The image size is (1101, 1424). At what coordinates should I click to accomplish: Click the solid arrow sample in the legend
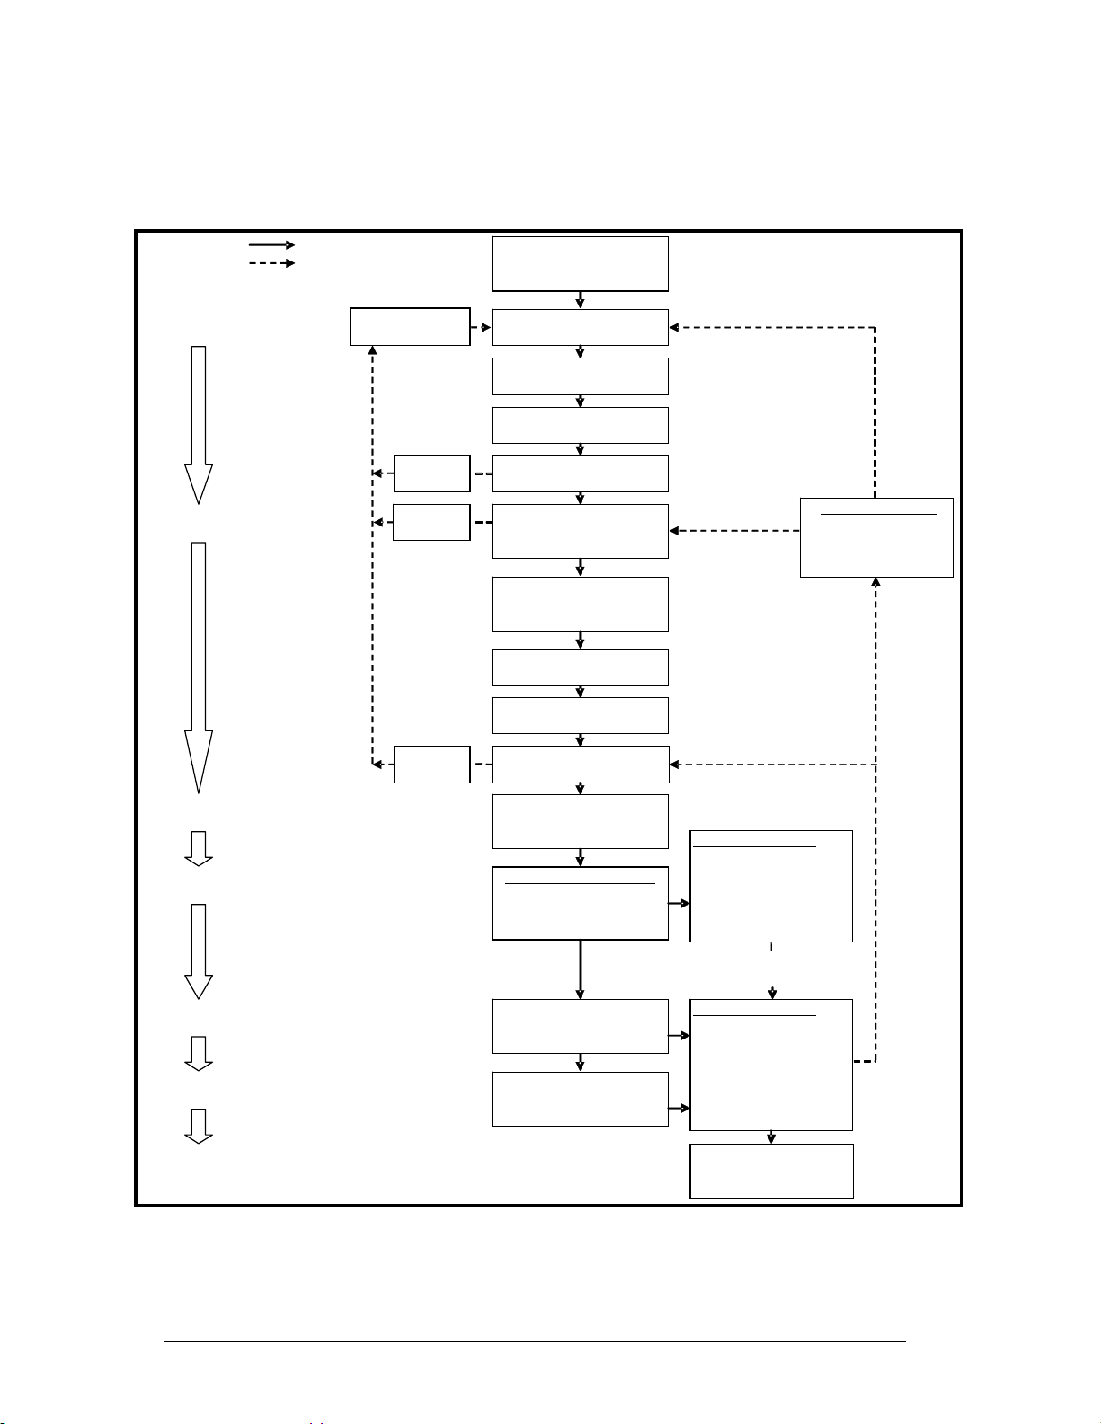pyautogui.click(x=271, y=244)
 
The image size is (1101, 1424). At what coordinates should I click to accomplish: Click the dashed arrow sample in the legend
pyautogui.click(x=271, y=263)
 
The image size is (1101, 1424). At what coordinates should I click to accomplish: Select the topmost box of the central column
pyautogui.click(x=580, y=264)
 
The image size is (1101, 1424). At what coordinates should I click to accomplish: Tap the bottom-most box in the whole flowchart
pyautogui.click(x=771, y=1171)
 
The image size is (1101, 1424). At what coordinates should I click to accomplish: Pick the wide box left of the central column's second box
pyautogui.click(x=410, y=326)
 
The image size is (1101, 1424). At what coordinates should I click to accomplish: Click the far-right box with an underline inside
pyautogui.click(x=876, y=537)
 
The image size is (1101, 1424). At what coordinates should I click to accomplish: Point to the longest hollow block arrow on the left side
pyautogui.click(x=199, y=666)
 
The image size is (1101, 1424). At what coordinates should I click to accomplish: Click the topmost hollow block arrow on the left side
pyautogui.click(x=199, y=424)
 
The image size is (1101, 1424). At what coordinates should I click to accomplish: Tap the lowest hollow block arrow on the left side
pyautogui.click(x=199, y=1126)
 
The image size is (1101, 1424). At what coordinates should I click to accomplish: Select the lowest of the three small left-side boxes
pyautogui.click(x=432, y=765)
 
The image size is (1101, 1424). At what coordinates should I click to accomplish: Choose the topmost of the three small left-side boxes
pyautogui.click(x=432, y=473)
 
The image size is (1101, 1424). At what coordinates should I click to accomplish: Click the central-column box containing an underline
pyautogui.click(x=580, y=904)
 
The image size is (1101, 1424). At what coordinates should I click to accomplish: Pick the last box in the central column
pyautogui.click(x=580, y=1099)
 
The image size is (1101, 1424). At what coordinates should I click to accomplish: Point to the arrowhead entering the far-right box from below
pyautogui.click(x=876, y=583)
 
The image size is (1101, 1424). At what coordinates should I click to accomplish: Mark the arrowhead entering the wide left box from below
pyautogui.click(x=372, y=351)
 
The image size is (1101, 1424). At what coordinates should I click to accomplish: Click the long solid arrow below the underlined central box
pyautogui.click(x=580, y=969)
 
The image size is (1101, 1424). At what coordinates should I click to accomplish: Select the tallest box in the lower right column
pyautogui.click(x=771, y=1065)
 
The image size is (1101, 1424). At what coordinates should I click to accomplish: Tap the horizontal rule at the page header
pyautogui.click(x=550, y=84)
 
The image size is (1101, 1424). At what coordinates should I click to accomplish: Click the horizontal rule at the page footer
pyautogui.click(x=536, y=1343)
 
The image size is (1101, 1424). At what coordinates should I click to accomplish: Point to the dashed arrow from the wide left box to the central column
pyautogui.click(x=481, y=327)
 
